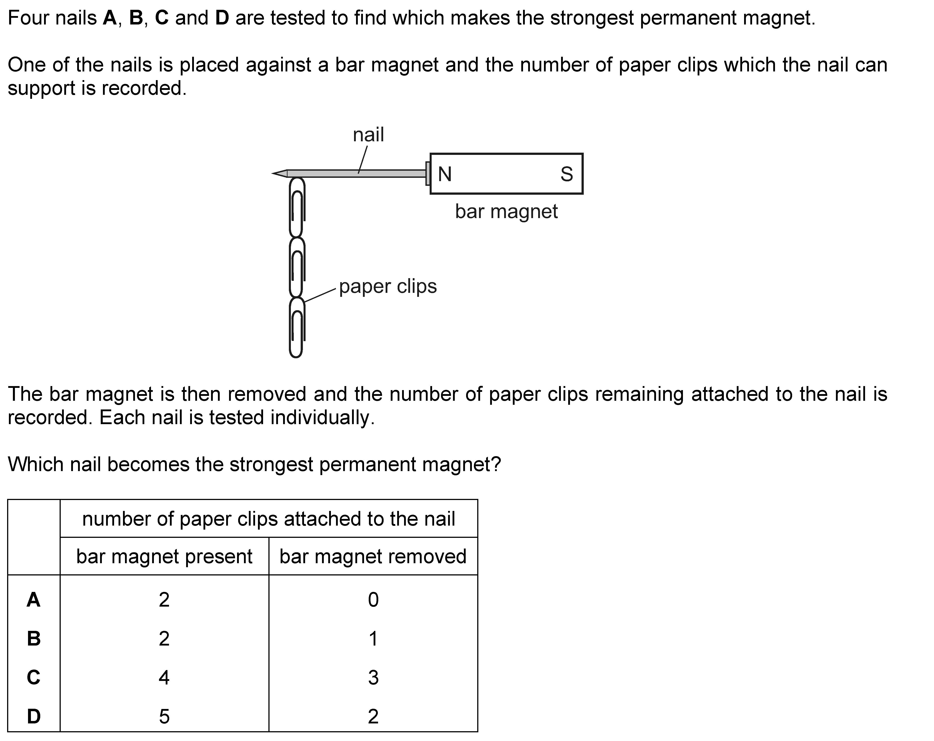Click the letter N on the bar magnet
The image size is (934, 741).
click(x=445, y=174)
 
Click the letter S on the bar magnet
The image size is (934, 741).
click(x=567, y=174)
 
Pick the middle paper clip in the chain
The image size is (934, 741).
click(x=297, y=267)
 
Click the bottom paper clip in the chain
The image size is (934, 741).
click(x=297, y=327)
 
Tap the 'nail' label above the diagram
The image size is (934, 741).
click(x=368, y=135)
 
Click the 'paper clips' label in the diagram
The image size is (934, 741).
click(x=388, y=286)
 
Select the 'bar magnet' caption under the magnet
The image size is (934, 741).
click(x=506, y=212)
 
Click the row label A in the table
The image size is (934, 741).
click(x=34, y=600)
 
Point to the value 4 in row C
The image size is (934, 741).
click(x=164, y=678)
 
